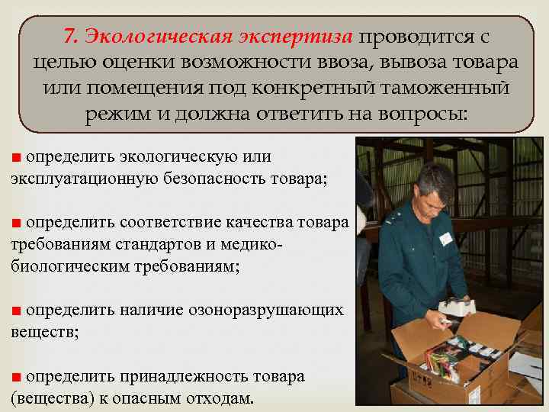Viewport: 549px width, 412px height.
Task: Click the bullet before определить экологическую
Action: [16, 157]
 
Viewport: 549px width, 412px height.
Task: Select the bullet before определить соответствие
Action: [16, 222]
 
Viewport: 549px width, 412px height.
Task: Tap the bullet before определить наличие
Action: [16, 311]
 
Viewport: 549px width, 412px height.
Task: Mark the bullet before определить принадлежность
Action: [16, 377]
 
